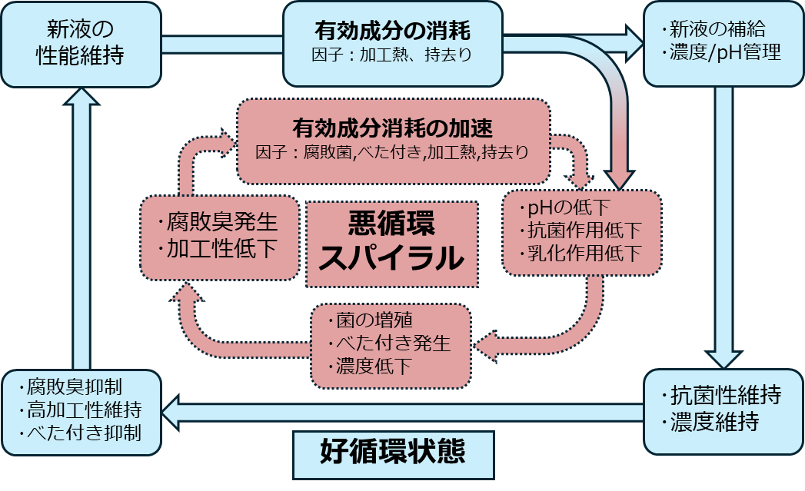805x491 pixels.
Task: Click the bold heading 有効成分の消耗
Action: pyautogui.click(x=392, y=32)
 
